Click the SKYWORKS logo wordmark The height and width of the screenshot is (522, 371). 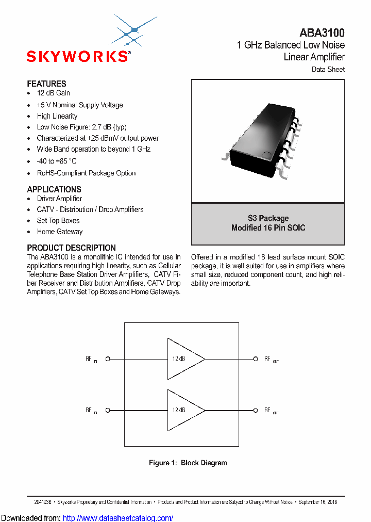78,56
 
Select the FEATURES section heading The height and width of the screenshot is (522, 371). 46,84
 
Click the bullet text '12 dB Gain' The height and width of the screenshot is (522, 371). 53,93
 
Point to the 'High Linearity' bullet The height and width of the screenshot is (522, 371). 57,116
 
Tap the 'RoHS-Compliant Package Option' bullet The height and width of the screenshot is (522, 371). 86,173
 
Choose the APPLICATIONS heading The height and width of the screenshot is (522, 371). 54,189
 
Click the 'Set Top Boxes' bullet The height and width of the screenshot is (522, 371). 58,221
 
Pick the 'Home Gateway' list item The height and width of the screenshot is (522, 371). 59,232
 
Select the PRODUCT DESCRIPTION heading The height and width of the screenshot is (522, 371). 71,248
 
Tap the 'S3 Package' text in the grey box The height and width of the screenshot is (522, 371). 268,218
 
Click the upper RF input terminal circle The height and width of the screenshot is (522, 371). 108,359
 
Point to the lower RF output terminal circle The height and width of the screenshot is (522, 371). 255,410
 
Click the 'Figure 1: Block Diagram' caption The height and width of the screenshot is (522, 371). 188,463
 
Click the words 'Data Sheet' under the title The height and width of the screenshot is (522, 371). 328,69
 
